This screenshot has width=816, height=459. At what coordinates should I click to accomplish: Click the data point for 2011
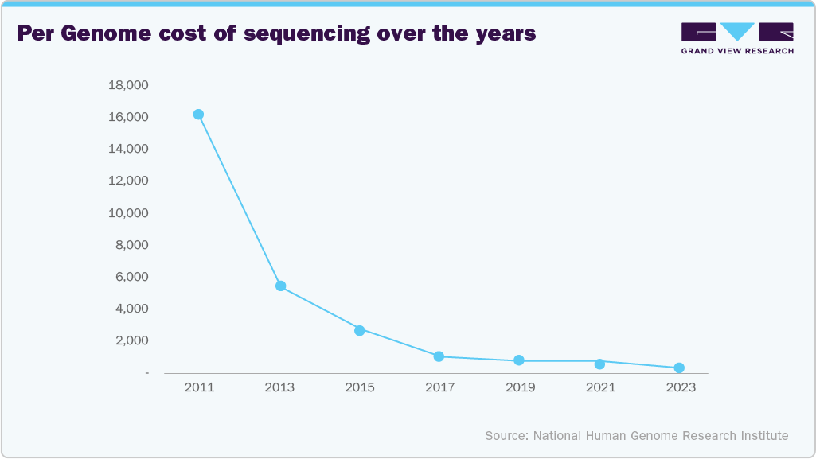pos(198,115)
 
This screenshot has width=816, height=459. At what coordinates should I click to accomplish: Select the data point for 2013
pos(280,286)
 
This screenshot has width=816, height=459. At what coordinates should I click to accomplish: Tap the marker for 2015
pos(360,330)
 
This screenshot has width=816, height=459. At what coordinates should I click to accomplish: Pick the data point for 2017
pos(439,356)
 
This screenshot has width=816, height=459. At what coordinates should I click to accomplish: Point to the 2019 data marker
pos(519,360)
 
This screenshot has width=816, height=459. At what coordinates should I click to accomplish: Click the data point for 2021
pos(599,364)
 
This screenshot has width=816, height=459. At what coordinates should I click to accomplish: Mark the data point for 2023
pos(679,368)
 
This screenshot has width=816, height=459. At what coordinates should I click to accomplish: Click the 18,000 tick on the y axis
pos(127,85)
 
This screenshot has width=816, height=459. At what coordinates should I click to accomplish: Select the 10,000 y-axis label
pos(127,213)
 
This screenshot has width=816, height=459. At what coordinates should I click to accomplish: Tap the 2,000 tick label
pos(130,340)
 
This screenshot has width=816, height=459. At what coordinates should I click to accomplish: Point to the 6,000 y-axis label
pos(130,277)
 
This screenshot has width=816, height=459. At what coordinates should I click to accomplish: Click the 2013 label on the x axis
pos(279,387)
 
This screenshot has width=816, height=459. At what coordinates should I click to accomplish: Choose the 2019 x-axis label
pos(520,387)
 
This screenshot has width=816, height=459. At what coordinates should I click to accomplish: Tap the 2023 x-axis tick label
pos(680,387)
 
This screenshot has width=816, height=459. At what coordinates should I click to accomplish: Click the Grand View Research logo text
pos(737,50)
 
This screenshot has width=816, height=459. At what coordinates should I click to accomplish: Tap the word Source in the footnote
pos(506,436)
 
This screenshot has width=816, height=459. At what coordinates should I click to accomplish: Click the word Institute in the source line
pos(763,436)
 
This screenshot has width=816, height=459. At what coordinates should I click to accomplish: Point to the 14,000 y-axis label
pos(127,149)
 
